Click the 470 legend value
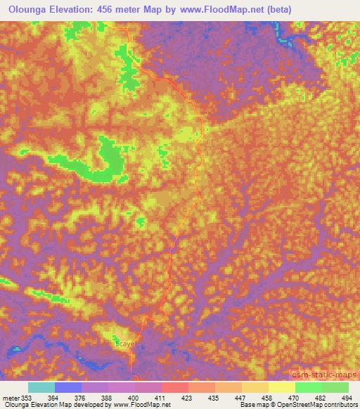(290, 398)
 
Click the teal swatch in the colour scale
(41, 387)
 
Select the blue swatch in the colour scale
(68, 387)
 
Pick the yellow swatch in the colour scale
(282, 387)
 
